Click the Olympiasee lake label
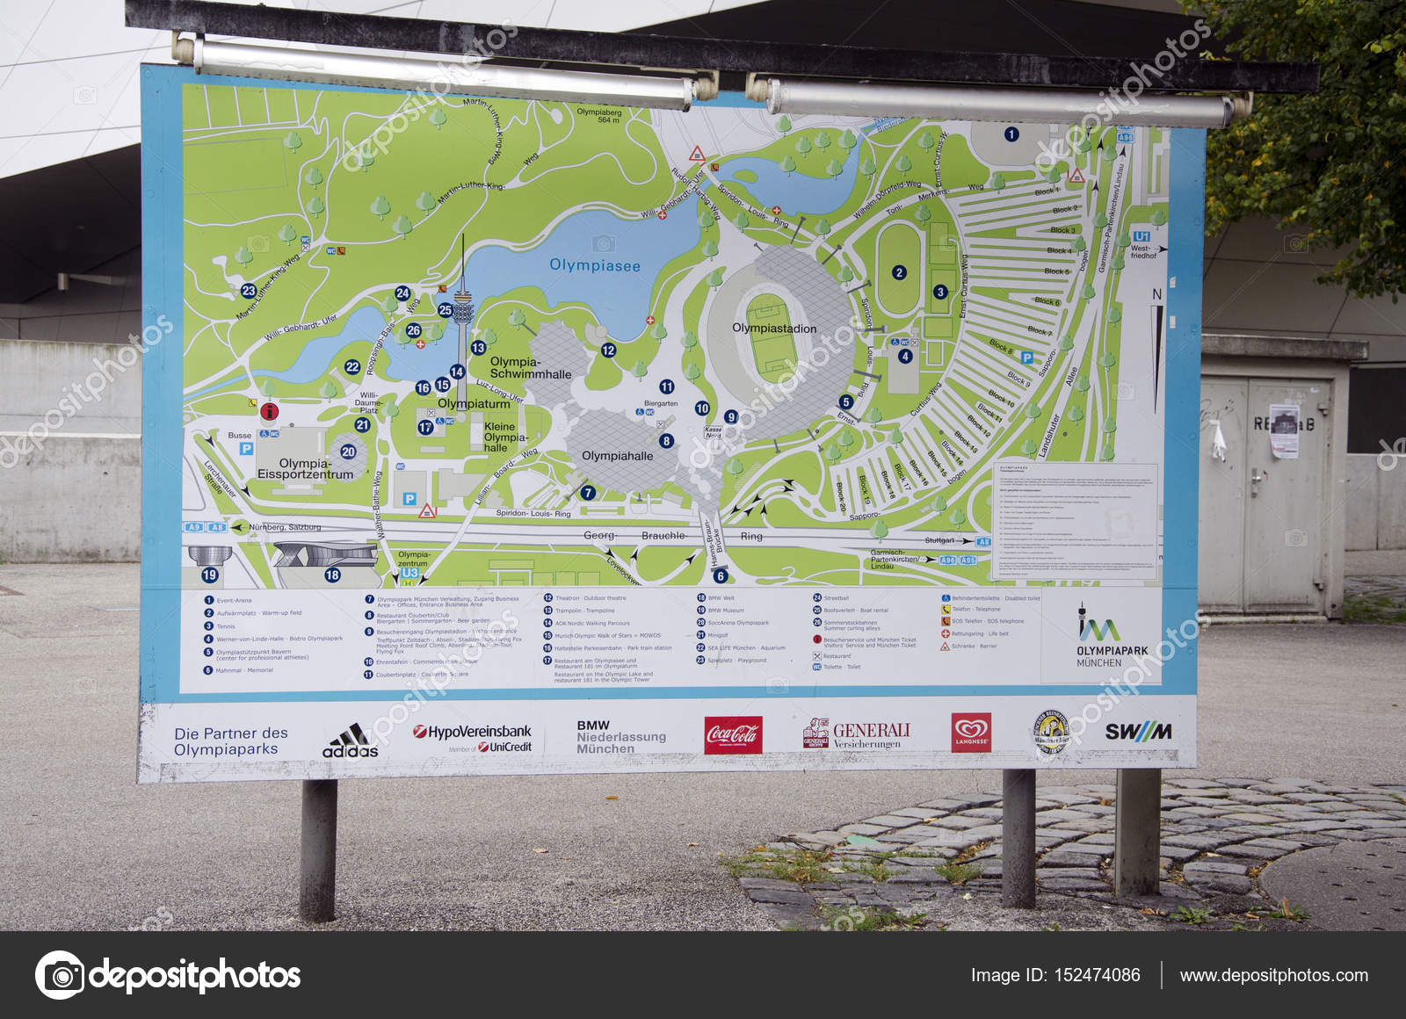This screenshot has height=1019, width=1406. [595, 265]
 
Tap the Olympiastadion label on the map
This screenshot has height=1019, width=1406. [774, 329]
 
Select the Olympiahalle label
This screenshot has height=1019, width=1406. [617, 456]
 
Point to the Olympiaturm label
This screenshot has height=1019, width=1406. [474, 404]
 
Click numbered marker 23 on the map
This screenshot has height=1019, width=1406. [249, 291]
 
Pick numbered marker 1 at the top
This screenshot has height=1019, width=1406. [1011, 134]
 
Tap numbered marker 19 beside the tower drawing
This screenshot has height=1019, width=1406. [209, 575]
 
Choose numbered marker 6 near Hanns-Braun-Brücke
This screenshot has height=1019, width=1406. [721, 576]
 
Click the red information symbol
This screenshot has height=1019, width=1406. [269, 411]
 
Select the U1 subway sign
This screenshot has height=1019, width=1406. [1141, 236]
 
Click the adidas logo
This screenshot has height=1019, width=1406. [350, 741]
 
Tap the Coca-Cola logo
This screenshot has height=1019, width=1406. [733, 735]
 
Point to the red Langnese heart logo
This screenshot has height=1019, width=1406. [970, 732]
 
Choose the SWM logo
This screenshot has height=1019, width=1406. [1138, 732]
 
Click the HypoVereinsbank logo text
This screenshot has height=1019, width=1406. [473, 733]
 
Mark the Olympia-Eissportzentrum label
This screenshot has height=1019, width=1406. [305, 468]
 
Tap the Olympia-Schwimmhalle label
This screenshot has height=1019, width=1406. [530, 367]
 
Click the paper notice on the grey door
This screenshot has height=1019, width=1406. [1284, 430]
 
